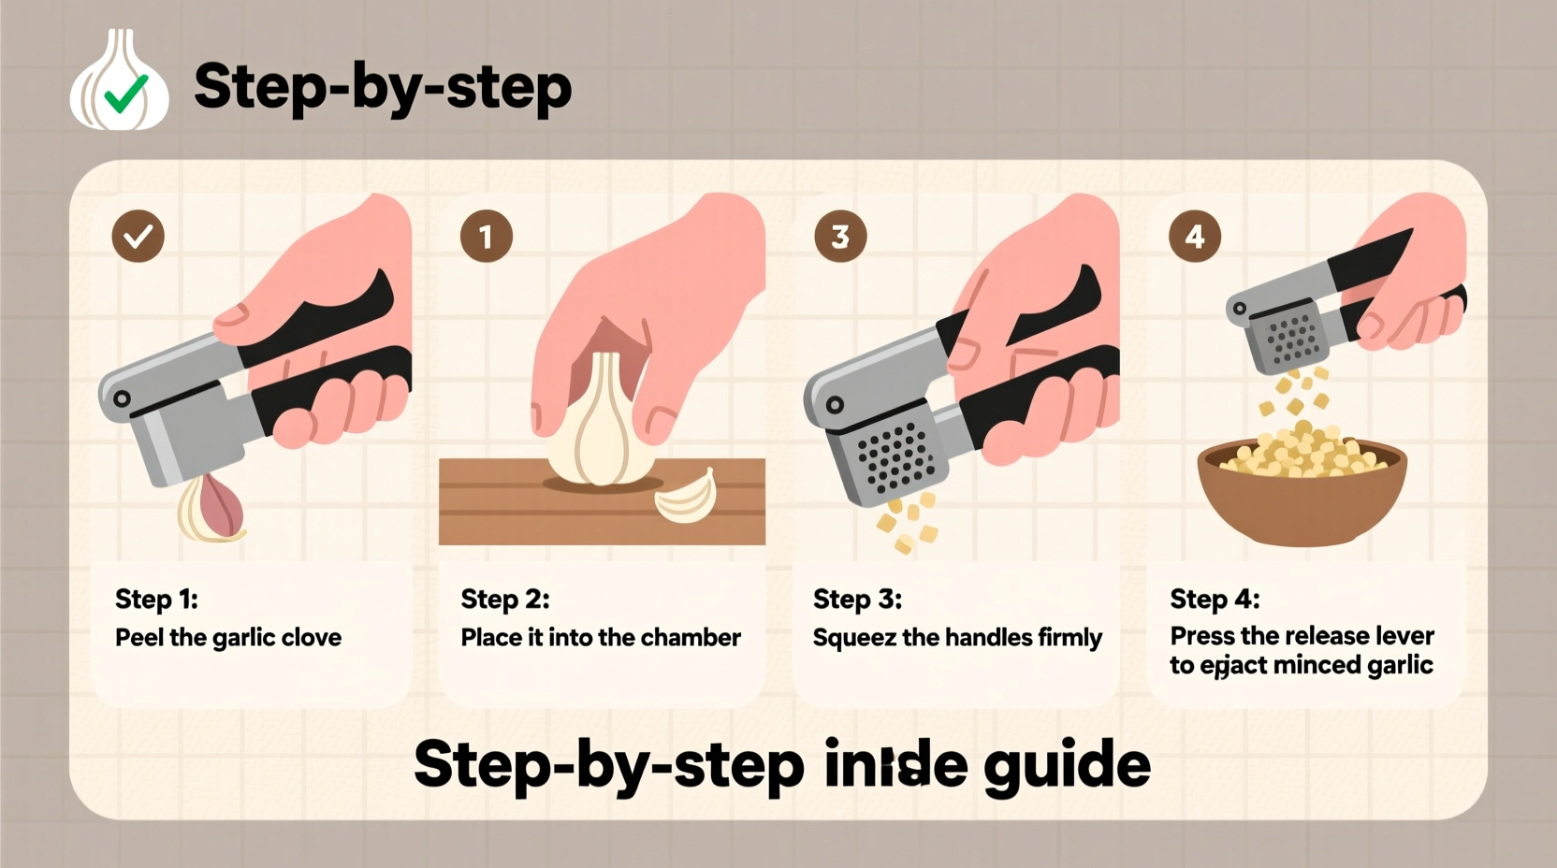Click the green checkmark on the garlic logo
(125, 93)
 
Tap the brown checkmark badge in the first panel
(138, 236)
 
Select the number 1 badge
(487, 236)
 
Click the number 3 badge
(840, 236)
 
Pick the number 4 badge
(1195, 236)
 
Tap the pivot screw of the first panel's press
(122, 398)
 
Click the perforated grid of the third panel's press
(896, 457)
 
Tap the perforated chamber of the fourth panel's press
(1292, 339)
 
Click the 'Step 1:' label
(156, 599)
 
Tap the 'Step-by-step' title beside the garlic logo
(382, 87)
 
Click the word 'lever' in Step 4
(1404, 636)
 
